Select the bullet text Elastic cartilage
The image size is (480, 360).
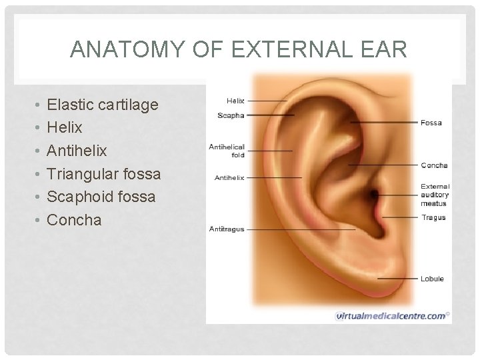pyautogui.click(x=103, y=105)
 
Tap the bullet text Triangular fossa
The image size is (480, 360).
pyautogui.click(x=104, y=174)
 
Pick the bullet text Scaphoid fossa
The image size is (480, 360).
pyautogui.click(x=101, y=197)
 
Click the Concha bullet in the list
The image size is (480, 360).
pyautogui.click(x=74, y=220)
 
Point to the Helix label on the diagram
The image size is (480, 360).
pyautogui.click(x=235, y=101)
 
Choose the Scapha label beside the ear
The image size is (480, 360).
pyautogui.click(x=231, y=115)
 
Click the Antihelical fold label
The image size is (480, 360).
pyautogui.click(x=227, y=151)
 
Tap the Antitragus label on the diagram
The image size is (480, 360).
pyautogui.click(x=227, y=229)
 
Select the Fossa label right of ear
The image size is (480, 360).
pyautogui.click(x=431, y=123)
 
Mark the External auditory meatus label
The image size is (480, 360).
pyautogui.click(x=435, y=195)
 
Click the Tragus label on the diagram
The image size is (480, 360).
pyautogui.click(x=433, y=217)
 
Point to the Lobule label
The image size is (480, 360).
pyautogui.click(x=432, y=279)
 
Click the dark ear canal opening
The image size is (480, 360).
pyautogui.click(x=375, y=195)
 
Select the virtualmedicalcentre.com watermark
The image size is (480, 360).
pyautogui.click(x=392, y=315)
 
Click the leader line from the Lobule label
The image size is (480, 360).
pyautogui.click(x=398, y=278)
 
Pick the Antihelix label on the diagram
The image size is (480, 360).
pyautogui.click(x=229, y=178)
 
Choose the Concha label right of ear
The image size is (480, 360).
pyautogui.click(x=434, y=165)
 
